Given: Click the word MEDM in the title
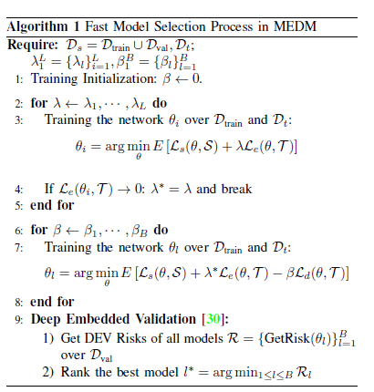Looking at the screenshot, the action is click(x=295, y=26).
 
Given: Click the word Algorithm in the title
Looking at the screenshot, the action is click(x=37, y=27).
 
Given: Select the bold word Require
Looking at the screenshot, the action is click(x=33, y=45).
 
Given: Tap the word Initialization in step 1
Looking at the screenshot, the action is click(x=119, y=78).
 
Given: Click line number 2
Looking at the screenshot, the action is click(x=18, y=104).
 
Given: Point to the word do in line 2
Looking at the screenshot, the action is click(x=160, y=103).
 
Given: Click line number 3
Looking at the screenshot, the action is click(x=18, y=120).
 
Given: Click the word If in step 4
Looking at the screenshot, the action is click(x=49, y=189).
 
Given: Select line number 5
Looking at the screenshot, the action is click(x=18, y=206).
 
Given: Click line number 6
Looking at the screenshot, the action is click(x=18, y=231).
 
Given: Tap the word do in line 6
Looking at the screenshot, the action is click(x=161, y=230).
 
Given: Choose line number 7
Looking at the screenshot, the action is click(x=18, y=248).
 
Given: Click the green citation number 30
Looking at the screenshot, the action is click(x=213, y=319).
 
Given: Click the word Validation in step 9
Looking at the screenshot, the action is click(x=165, y=319).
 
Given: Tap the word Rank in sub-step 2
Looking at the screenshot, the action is click(x=75, y=372).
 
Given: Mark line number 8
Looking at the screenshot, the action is click(x=18, y=303).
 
